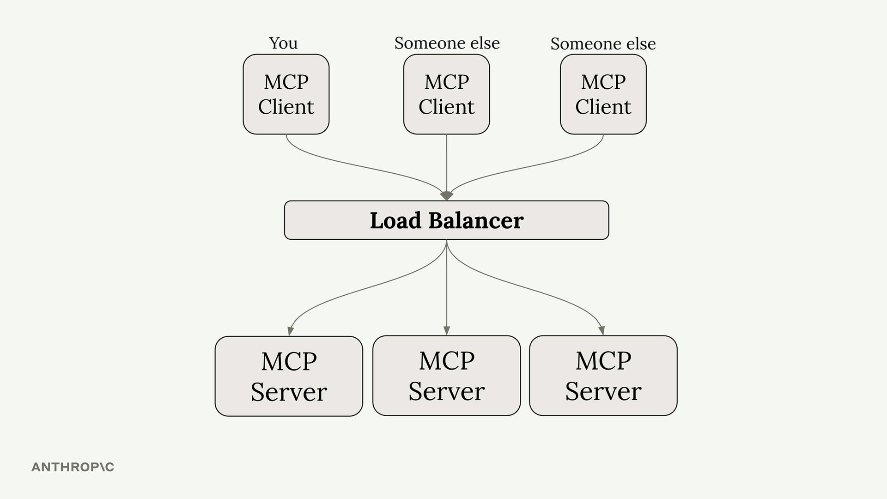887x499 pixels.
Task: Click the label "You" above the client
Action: tap(283, 43)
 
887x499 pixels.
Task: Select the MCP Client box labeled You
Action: tap(286, 94)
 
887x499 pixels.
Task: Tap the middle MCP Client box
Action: tap(446, 94)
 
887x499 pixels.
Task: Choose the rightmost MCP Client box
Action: tap(603, 94)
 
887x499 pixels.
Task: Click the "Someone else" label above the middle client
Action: tap(447, 43)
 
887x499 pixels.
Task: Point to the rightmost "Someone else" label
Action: tap(603, 44)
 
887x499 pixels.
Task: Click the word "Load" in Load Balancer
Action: tap(395, 220)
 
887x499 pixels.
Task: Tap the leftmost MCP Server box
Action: tap(289, 376)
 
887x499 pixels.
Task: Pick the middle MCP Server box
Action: tap(446, 376)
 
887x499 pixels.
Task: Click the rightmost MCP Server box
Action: tap(603, 376)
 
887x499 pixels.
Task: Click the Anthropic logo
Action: tap(73, 467)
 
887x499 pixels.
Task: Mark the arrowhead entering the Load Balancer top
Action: tap(446, 196)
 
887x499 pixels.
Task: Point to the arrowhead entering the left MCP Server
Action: tap(291, 331)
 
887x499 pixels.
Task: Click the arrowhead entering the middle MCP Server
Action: tap(446, 330)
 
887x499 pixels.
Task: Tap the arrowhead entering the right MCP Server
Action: tap(601, 330)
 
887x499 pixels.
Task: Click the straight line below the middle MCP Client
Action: tap(446, 162)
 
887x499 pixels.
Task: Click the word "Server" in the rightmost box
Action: tap(603, 391)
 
